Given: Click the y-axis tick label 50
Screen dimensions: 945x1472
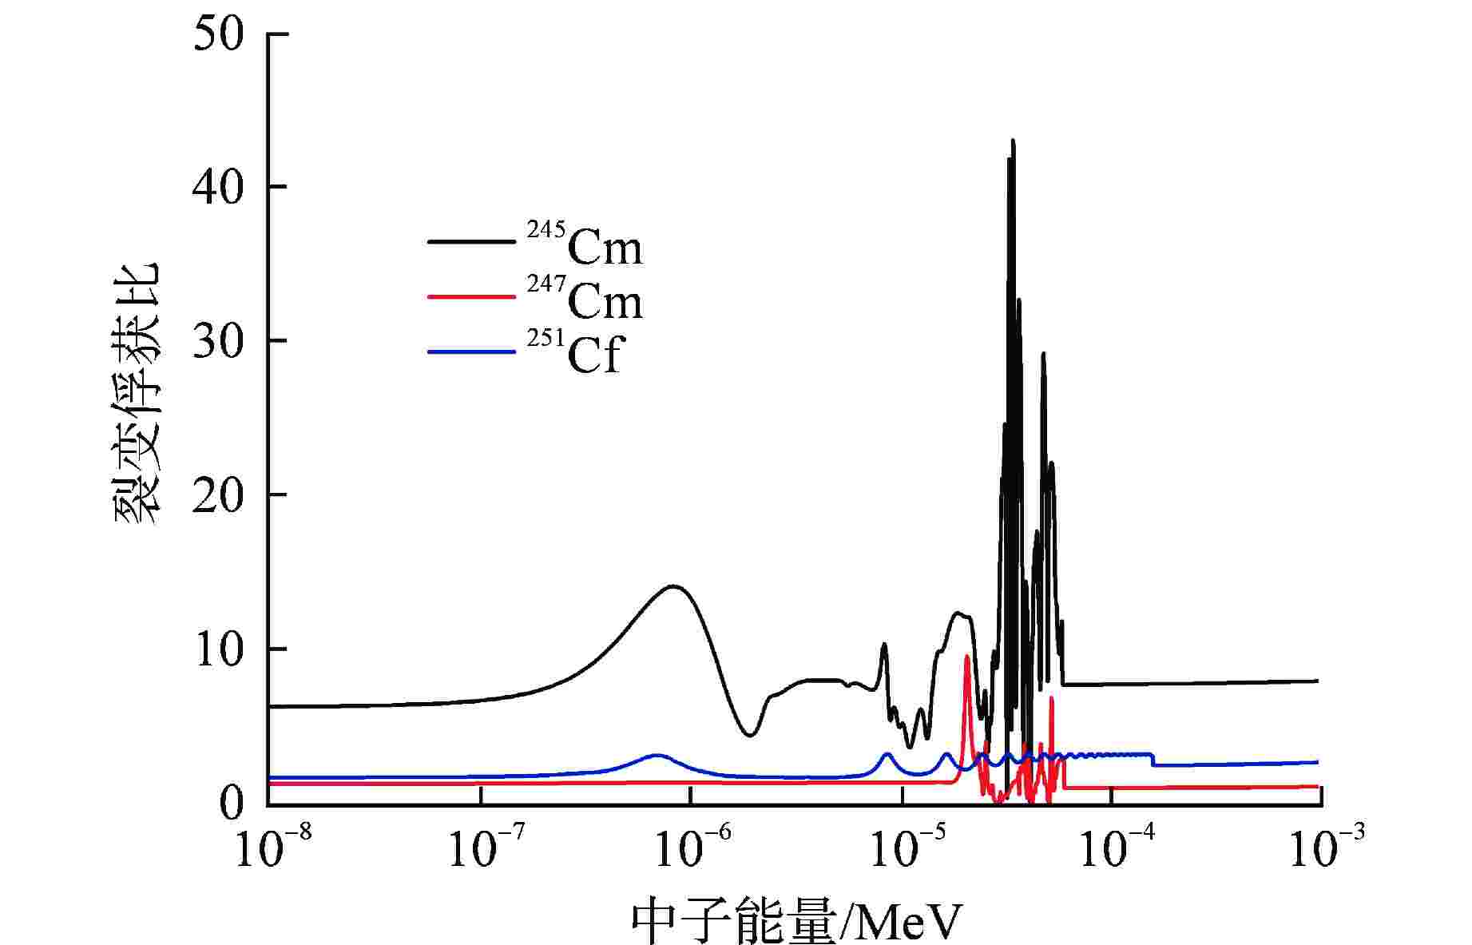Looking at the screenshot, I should pos(217,36).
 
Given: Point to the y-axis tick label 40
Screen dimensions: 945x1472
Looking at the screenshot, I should pos(217,189).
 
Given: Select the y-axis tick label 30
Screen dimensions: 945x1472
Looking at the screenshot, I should pos(217,342).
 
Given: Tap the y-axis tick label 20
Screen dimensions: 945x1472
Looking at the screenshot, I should pos(217,496).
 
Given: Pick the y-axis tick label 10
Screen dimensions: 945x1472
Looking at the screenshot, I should pos(217,650).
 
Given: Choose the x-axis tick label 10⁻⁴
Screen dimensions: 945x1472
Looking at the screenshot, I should pos(1112,849).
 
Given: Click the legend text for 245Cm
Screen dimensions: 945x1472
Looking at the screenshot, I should pos(585,244).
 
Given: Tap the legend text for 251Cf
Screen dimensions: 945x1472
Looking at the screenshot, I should pos(573,352).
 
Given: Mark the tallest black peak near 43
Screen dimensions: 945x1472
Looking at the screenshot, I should pos(1013,141).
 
